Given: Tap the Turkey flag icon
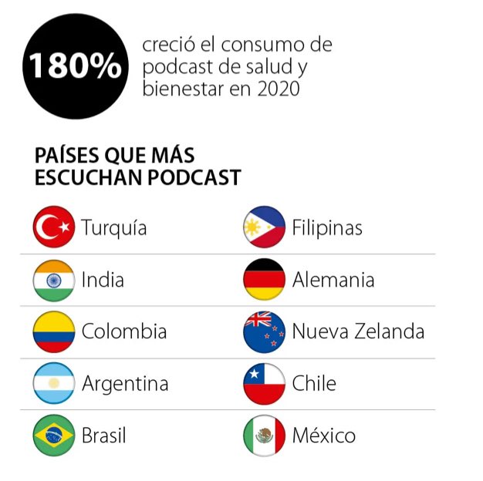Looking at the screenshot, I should point(54,227).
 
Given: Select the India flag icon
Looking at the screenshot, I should point(54,280).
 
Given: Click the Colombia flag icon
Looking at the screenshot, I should point(54,331).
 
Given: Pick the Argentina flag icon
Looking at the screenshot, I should point(54,383).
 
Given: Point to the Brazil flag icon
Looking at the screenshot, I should point(54,436).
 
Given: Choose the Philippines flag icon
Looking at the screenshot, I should point(264,227).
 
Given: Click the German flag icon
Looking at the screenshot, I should point(264,280).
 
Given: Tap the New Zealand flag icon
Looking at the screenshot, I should point(264,331).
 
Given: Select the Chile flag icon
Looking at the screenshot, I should point(264,383).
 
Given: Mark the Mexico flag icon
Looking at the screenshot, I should point(264,436).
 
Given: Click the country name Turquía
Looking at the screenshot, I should point(114,229).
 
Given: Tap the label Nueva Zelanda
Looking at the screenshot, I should point(358,332).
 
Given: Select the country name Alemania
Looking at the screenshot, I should point(333,280).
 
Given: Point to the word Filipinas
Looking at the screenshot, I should point(326,228).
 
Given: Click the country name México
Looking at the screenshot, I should point(323,436).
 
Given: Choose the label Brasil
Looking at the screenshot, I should point(103,436).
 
